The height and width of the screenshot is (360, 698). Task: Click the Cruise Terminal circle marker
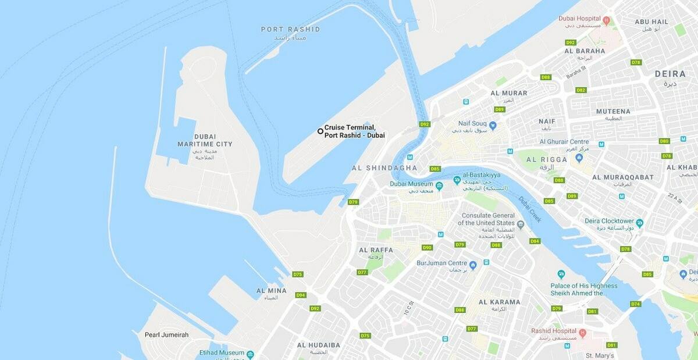[320, 131]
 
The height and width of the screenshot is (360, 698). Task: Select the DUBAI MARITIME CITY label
[205, 140]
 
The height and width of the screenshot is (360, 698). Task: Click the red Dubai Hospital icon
[606, 21]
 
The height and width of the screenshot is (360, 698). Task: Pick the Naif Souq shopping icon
[493, 125]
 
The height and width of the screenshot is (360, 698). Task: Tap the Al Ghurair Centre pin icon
[579, 158]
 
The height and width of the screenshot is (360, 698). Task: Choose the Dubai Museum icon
[439, 186]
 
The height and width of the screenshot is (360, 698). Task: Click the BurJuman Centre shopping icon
[473, 265]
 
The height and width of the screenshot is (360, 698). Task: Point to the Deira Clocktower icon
[640, 223]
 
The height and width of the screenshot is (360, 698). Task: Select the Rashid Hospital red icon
[582, 333]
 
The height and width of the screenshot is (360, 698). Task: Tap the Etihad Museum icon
[250, 354]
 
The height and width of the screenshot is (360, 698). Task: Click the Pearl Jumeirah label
[166, 335]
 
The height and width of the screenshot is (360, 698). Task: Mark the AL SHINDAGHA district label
[384, 168]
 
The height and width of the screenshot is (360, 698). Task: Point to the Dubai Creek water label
[530, 209]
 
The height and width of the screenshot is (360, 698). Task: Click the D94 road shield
[300, 295]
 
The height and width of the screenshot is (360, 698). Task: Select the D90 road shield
[427, 247]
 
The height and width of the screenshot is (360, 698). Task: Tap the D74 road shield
[635, 304]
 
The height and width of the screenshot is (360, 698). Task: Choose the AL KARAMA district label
[499, 302]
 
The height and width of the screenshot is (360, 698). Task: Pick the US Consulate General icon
[521, 224]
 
